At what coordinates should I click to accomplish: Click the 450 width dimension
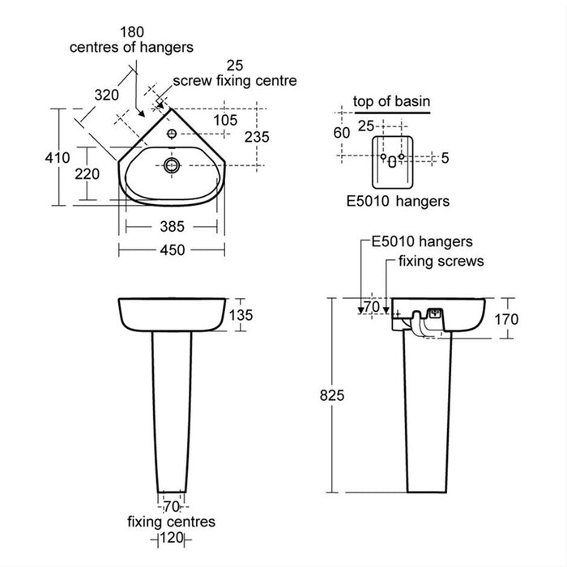coord(172,250)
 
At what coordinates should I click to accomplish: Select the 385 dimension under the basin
coord(172,226)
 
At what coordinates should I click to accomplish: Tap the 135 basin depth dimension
coord(245,315)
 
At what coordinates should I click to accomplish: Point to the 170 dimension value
coord(505,318)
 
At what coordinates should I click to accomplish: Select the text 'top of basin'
coord(391,101)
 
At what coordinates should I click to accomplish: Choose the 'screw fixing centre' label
coord(236,81)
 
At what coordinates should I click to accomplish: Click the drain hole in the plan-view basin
coord(171,164)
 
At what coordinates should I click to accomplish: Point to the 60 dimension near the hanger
coord(341,132)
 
